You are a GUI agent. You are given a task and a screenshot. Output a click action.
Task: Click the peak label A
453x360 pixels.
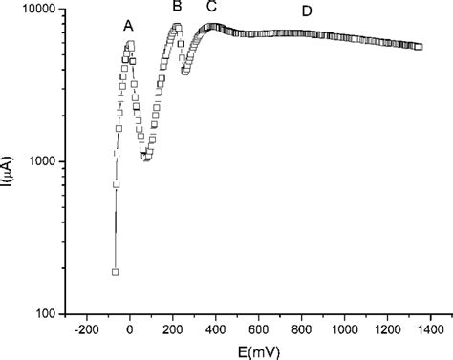tap(128, 27)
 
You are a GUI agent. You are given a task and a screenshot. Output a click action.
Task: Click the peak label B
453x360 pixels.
tap(177, 8)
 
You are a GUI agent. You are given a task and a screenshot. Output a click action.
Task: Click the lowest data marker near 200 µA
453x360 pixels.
tap(115, 271)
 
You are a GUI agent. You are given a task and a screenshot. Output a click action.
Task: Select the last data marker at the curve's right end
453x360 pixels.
tap(419, 46)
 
